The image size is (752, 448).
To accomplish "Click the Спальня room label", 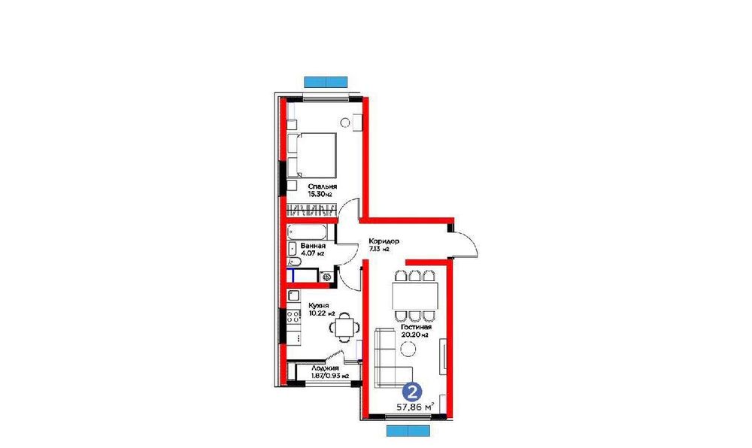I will point(322,186).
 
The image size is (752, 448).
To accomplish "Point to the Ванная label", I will point(314,247).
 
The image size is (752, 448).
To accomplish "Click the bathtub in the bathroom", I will point(309,232).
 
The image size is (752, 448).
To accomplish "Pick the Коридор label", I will point(383,242).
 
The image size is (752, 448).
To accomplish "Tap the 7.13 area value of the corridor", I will point(378,250).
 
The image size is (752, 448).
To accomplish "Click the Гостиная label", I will point(415,328).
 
